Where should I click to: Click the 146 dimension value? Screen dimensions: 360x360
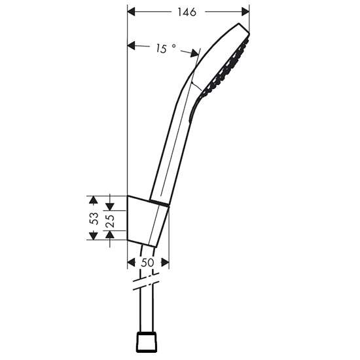point(187,12)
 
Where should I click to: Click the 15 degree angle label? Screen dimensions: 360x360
point(166,48)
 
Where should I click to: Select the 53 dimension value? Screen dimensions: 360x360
point(94,219)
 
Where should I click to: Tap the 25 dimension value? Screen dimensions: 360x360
point(111,221)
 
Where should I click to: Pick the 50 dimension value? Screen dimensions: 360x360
point(147,262)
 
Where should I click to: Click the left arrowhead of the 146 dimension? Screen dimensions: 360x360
point(131,12)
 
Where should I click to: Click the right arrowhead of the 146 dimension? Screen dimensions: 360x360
point(245,12)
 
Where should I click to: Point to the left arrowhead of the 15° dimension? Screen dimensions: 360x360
point(131,45)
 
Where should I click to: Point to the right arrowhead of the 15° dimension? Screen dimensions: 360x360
point(194,53)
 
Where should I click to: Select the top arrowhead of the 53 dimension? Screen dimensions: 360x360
point(93,200)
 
